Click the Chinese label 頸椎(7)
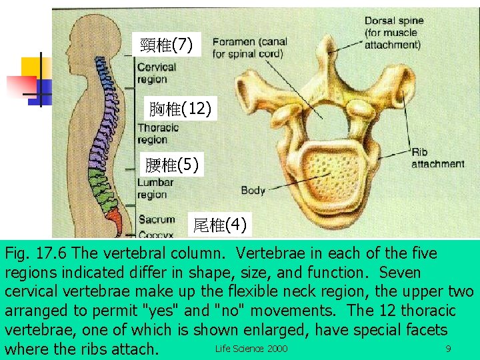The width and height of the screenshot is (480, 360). click(167, 45)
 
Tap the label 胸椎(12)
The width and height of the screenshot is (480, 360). click(180, 108)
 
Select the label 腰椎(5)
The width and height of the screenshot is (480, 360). click(172, 165)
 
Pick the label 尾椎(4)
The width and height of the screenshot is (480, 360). click(220, 225)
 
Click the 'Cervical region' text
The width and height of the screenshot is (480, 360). click(156, 73)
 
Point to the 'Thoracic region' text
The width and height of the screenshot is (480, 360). click(157, 133)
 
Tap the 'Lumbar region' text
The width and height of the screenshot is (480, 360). click(155, 188)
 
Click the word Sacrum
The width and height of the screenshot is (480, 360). click(157, 219)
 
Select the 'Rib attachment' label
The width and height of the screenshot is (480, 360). click(437, 158)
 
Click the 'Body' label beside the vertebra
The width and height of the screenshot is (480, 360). click(253, 191)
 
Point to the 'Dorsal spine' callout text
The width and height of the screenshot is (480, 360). click(393, 33)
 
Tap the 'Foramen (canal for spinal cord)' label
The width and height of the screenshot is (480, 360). click(249, 47)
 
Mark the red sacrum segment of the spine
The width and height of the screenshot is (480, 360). click(113, 217)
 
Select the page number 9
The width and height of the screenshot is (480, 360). click(448, 349)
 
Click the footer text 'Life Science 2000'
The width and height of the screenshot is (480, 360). click(251, 349)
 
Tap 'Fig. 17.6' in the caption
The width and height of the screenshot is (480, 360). click(37, 253)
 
